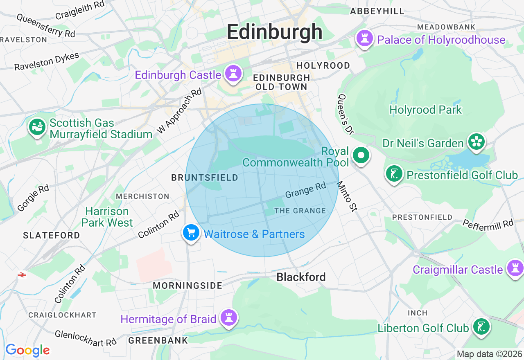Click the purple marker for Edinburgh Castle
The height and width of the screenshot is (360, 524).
coord(233,74)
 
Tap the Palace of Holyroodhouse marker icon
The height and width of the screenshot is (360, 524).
coord(364,39)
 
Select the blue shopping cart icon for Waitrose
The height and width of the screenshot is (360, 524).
coord(191,233)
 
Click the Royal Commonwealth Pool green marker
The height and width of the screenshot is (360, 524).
coord(361,155)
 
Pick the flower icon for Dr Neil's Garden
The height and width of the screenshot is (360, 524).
coord(476,142)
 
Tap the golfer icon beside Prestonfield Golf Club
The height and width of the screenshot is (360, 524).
coord(394,174)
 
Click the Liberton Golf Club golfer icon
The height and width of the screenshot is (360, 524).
coord(481,327)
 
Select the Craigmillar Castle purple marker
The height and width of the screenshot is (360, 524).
coord(515,269)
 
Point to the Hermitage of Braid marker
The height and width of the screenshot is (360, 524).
coord(228,318)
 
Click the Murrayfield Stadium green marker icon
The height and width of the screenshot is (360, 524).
coord(37,127)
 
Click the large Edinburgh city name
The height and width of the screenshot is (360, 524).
coord(275,32)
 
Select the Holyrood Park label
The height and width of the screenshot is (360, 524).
coord(425,110)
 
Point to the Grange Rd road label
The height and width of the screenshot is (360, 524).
coord(305,190)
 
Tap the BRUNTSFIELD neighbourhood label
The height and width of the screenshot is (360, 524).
coord(205,178)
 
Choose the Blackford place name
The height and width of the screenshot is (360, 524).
coord(301,277)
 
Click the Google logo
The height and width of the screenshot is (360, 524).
coord(27,350)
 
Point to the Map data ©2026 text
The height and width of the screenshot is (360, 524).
coord(489,354)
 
